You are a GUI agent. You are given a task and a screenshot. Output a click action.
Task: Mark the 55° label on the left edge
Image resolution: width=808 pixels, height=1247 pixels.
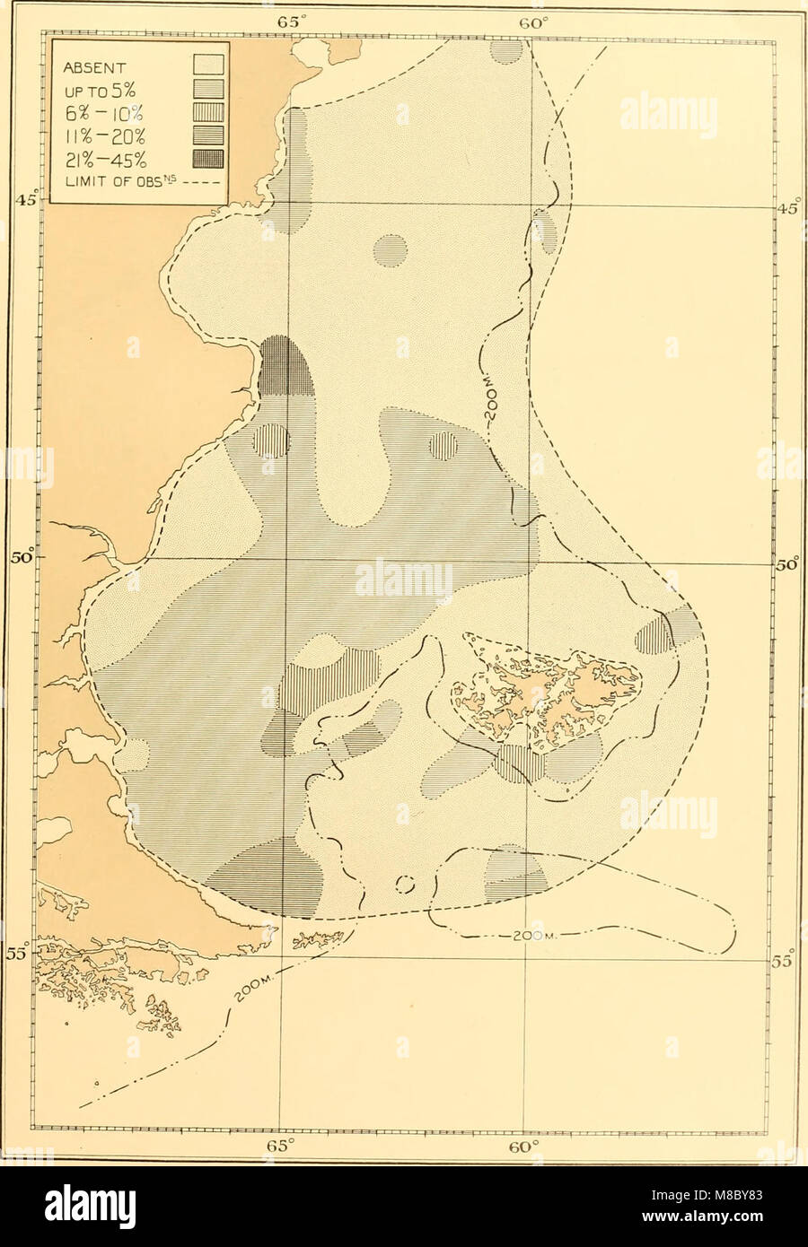[x=17, y=954]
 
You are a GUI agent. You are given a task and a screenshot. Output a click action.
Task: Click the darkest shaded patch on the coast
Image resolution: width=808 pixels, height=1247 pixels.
[x=285, y=368]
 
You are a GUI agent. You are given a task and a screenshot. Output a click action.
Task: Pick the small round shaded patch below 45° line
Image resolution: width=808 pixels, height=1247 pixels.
[x=391, y=250]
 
